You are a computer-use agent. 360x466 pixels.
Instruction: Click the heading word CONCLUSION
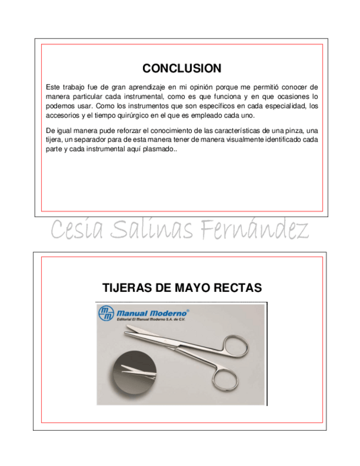pyautogui.click(x=181, y=69)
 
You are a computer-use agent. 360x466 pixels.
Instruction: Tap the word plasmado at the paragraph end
pyautogui.click(x=156, y=149)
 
